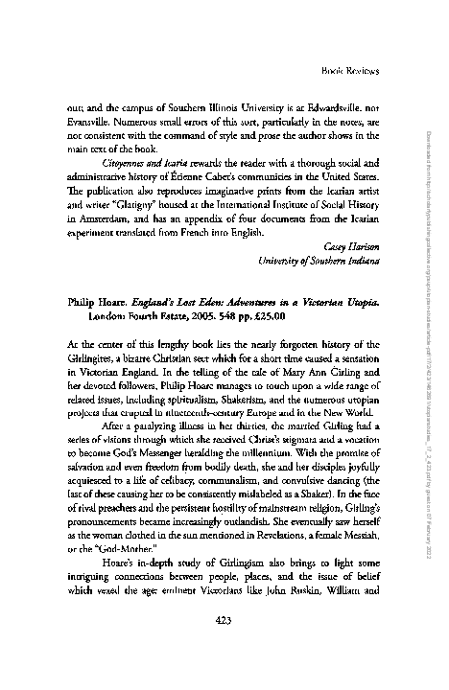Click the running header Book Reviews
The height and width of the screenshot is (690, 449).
[352, 70]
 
